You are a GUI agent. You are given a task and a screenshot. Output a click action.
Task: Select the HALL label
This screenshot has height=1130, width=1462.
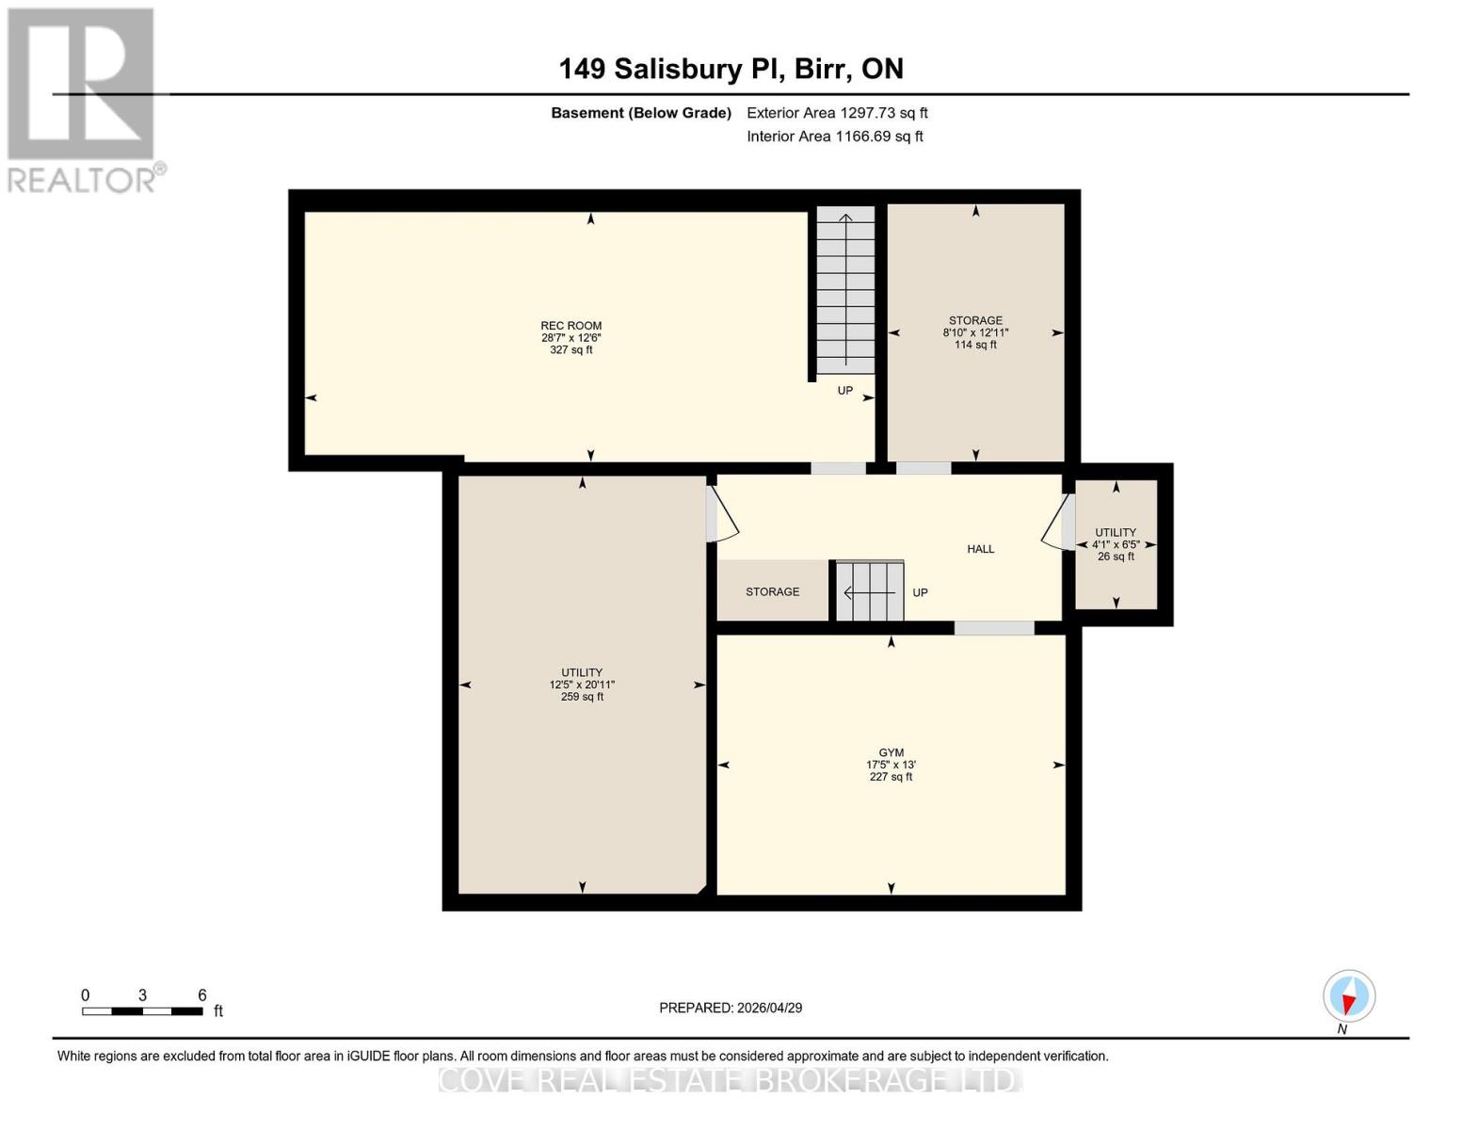coord(980,549)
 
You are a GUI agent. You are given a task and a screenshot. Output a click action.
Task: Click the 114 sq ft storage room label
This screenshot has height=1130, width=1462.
coord(975,332)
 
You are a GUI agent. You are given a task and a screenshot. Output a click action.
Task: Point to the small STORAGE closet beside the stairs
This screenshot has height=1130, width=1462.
coord(772,591)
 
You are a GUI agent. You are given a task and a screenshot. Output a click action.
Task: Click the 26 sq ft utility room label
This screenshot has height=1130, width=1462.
coord(1116,544)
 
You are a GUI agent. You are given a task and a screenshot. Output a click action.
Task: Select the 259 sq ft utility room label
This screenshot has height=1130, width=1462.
coord(582,685)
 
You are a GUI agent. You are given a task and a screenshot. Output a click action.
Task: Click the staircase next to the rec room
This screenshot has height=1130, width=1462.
coord(844,292)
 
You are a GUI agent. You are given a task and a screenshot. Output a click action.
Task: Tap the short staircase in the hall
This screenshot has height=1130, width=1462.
coord(870,591)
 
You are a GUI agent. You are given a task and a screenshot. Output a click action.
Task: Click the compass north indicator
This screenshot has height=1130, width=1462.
coord(1348,996)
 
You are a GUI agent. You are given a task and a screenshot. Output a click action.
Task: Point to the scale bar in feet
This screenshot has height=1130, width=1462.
coord(142,1011)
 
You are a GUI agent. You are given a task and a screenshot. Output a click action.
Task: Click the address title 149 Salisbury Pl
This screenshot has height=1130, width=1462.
coord(731,69)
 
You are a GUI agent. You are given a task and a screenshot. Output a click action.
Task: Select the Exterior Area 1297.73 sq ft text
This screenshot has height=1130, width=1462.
coord(837,113)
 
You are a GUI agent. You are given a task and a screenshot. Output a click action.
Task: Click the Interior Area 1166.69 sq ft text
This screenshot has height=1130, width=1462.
coord(834,137)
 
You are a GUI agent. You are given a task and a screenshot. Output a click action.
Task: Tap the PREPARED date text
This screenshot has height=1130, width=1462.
coord(731,1008)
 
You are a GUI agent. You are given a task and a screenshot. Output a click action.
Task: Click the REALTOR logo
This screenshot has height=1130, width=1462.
coord(83,100)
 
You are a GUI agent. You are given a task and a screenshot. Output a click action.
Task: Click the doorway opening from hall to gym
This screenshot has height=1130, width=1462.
coord(994,628)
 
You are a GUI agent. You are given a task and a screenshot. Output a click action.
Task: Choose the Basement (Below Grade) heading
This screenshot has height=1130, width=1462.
coord(640,113)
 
